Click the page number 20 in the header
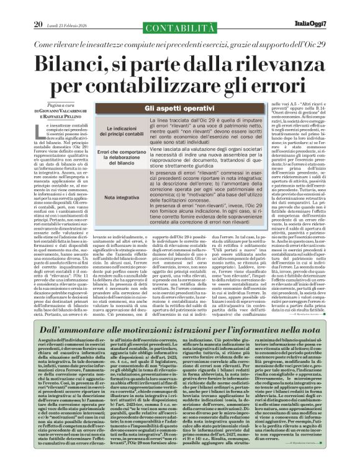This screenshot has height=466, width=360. click(38, 7)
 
